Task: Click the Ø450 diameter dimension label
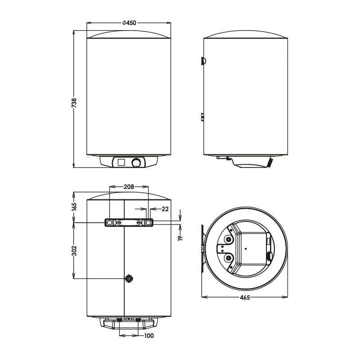tap(129, 23)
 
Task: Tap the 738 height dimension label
tap(74, 103)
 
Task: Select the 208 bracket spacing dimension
tap(129, 187)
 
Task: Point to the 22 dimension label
tap(165, 209)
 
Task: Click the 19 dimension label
tap(180, 238)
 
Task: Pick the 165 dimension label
tap(74, 207)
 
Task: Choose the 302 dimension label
tap(74, 251)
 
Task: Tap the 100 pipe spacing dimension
tap(149, 336)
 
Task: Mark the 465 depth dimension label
tap(245, 297)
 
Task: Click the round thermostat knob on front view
tap(137, 162)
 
